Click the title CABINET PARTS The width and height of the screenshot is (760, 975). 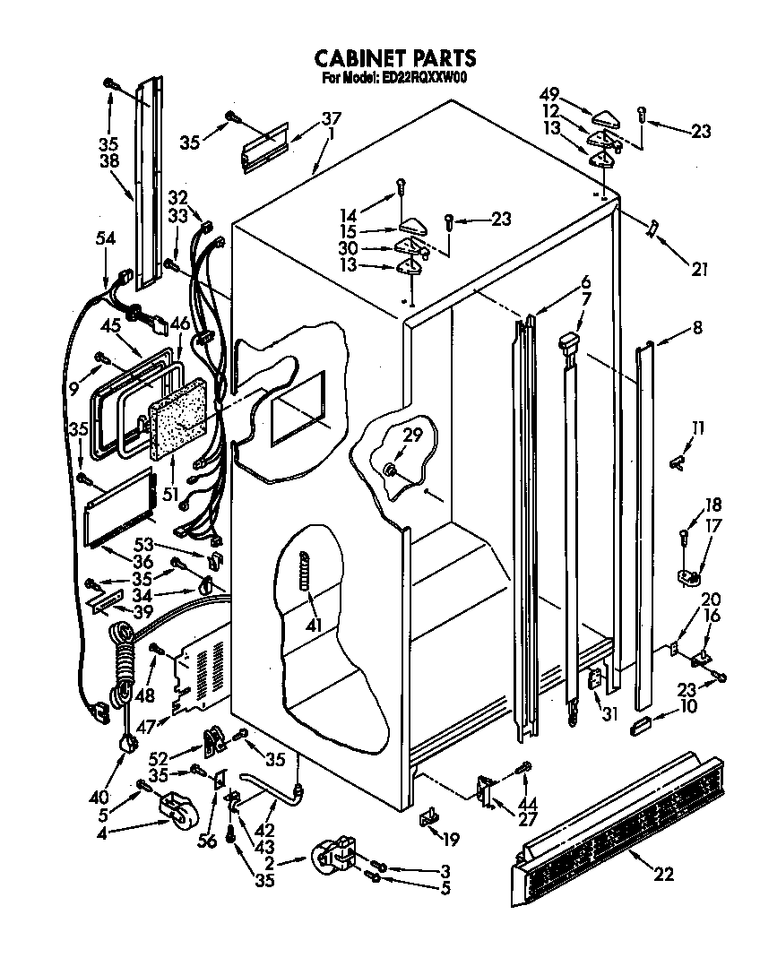[x=394, y=59]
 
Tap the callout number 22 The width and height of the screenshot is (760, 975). [x=663, y=875]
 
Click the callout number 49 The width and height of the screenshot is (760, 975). [x=549, y=94]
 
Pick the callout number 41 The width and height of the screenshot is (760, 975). [x=314, y=624]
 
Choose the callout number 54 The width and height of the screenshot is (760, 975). [x=105, y=238]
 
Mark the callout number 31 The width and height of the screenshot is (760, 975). [x=610, y=714]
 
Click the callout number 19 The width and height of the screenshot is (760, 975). [x=450, y=840]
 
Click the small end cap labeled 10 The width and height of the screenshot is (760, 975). [x=643, y=724]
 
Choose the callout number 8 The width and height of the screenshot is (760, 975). [x=696, y=328]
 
